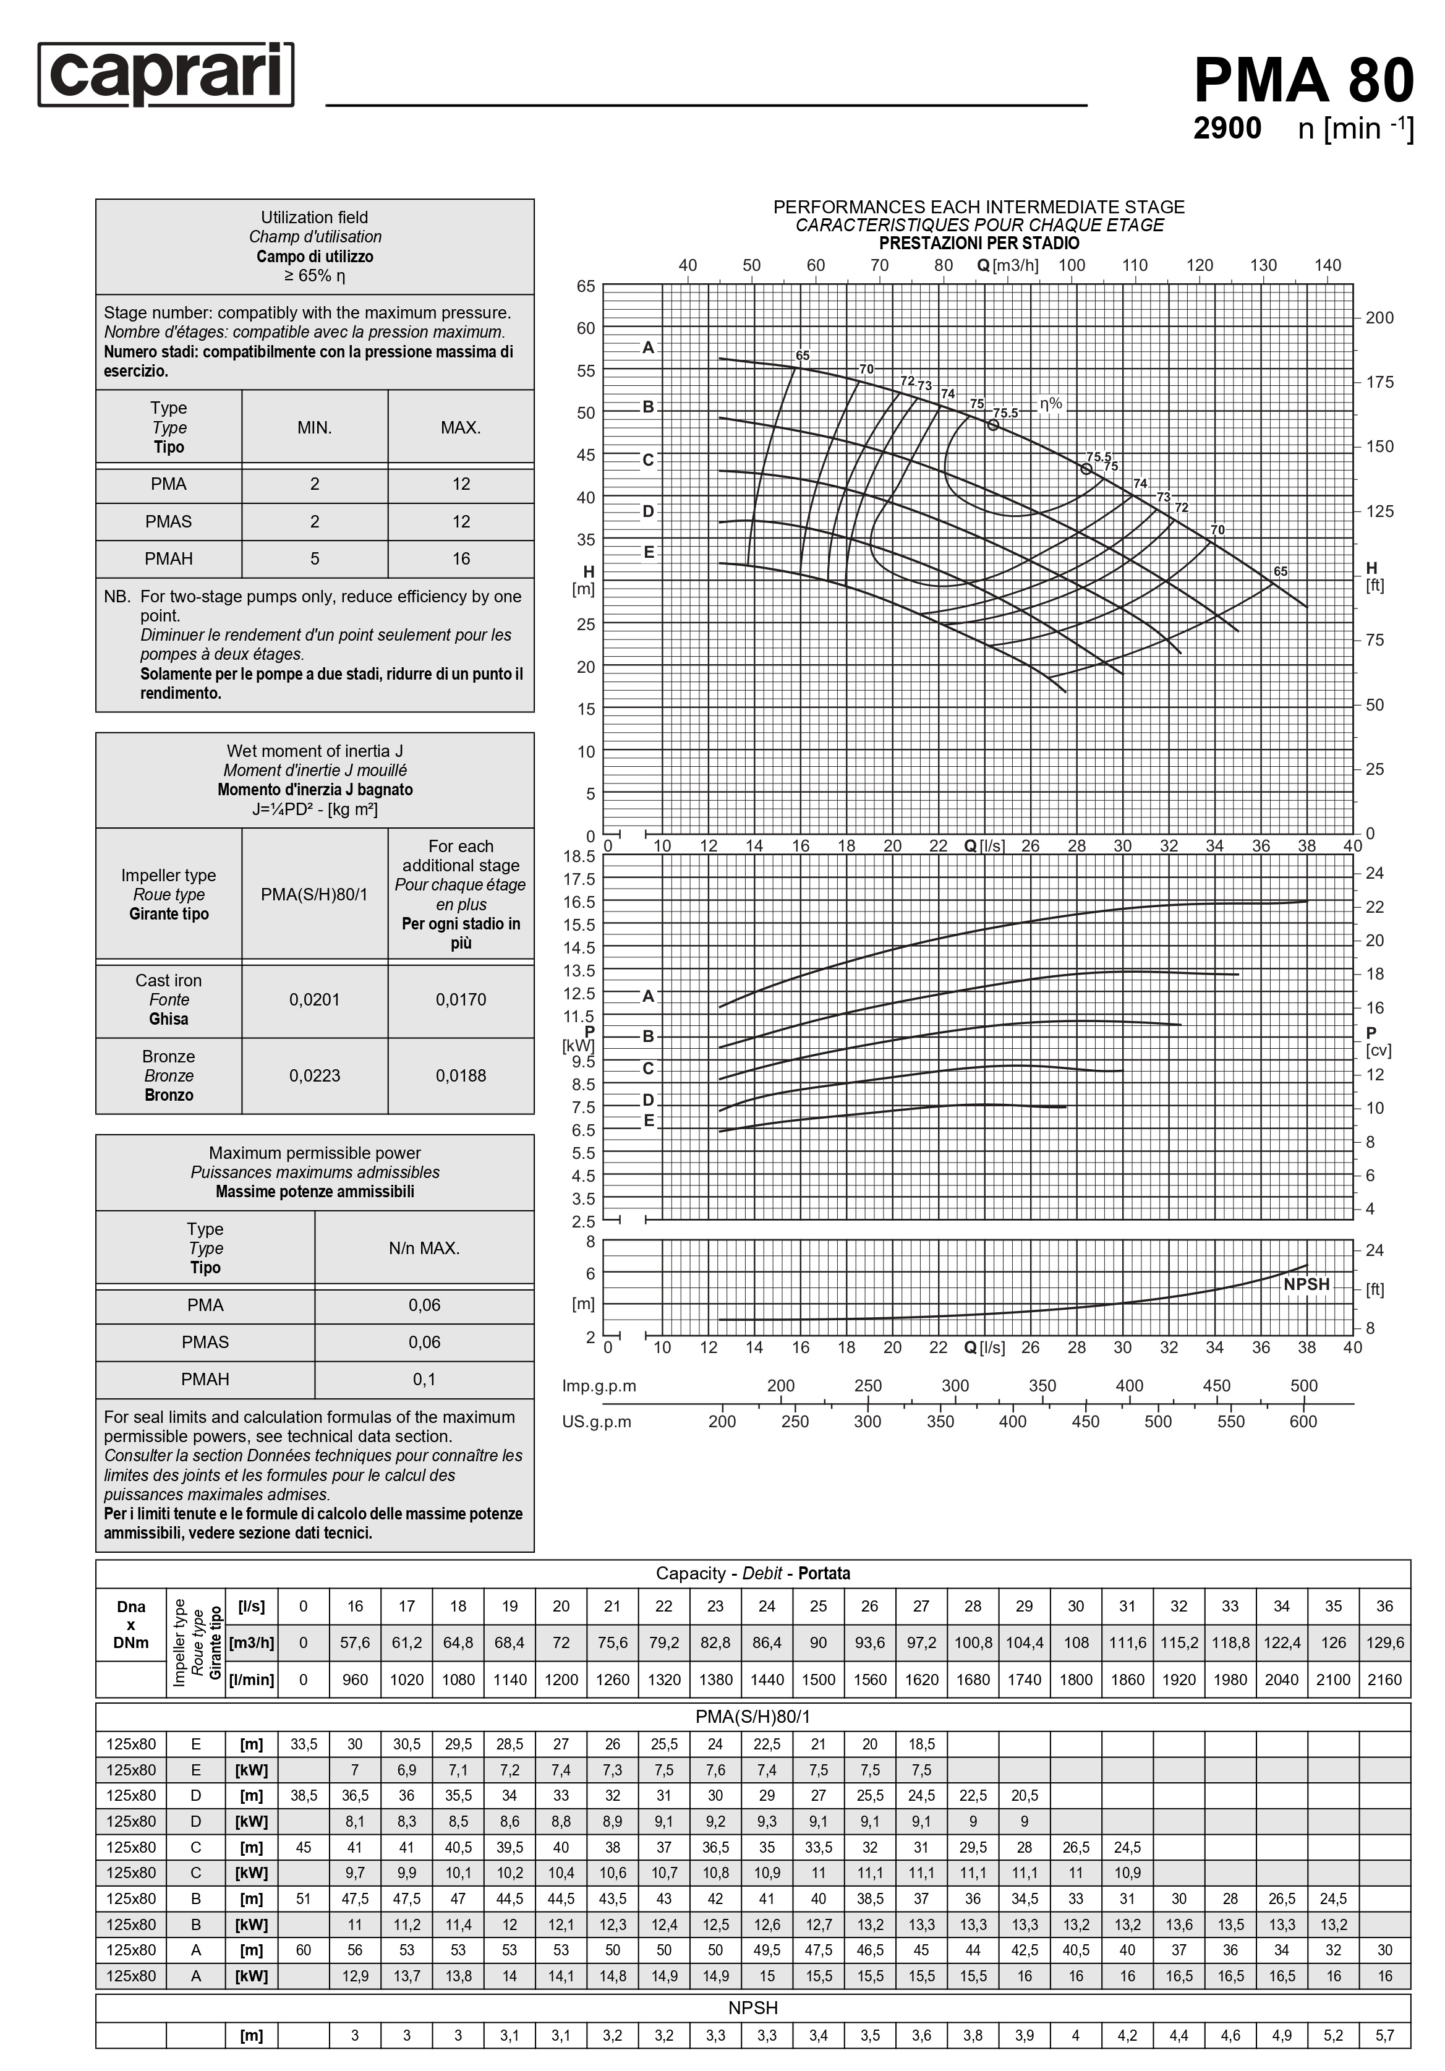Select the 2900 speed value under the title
pyautogui.click(x=1227, y=128)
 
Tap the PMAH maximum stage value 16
pyautogui.click(x=461, y=559)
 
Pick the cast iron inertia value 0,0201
pyautogui.click(x=315, y=999)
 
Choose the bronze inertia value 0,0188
pyautogui.click(x=461, y=1075)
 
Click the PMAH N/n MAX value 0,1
pyautogui.click(x=424, y=1379)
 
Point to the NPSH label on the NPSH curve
pyautogui.click(x=1306, y=1284)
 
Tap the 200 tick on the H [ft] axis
pyautogui.click(x=1379, y=317)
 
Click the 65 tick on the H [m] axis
pyautogui.click(x=586, y=287)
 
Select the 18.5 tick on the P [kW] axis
pyautogui.click(x=580, y=856)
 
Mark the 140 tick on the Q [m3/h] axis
pyautogui.click(x=1328, y=265)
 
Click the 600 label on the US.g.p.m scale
pyautogui.click(x=1303, y=1422)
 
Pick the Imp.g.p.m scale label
pyautogui.click(x=599, y=1385)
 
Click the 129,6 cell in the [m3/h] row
pyautogui.click(x=1384, y=1642)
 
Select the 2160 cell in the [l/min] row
pyautogui.click(x=1384, y=1680)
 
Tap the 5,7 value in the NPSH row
pyautogui.click(x=1384, y=2036)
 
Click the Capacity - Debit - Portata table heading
pyautogui.click(x=752, y=1573)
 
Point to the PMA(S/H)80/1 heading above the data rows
pyautogui.click(x=752, y=1717)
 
